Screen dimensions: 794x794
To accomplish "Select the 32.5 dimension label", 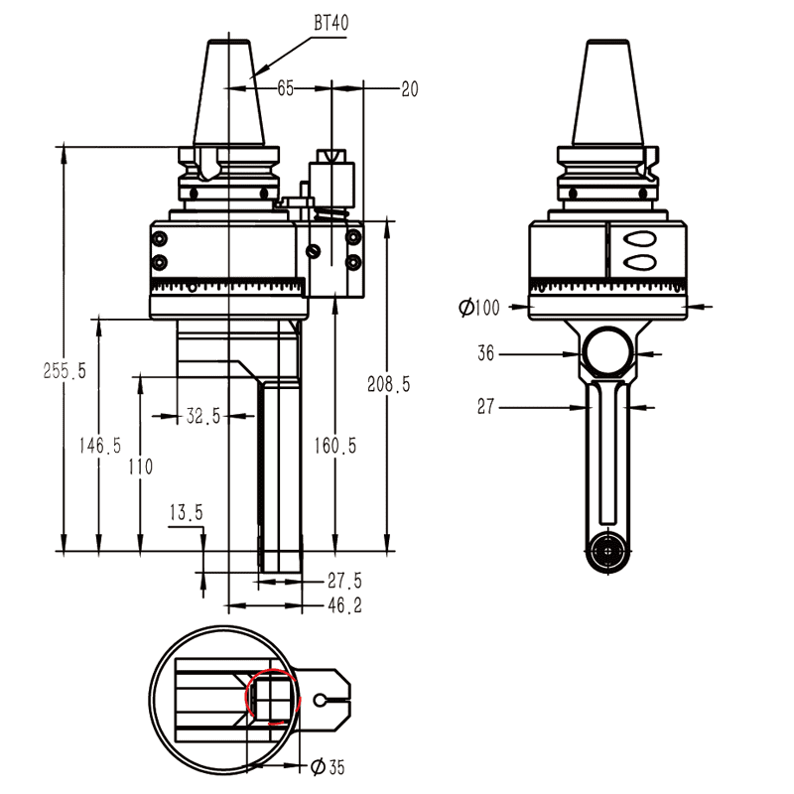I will [202, 417].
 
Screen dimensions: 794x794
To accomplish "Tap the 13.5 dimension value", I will [186, 513].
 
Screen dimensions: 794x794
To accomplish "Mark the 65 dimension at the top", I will [286, 89].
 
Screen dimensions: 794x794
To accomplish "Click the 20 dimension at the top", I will [409, 89].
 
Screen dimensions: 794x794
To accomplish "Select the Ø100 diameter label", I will [479, 309].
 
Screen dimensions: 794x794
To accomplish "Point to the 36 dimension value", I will [486, 352].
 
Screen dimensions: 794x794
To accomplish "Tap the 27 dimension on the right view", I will [486, 407].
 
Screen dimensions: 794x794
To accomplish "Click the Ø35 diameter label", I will [328, 766].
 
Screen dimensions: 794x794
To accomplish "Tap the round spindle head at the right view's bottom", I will [604, 550].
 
